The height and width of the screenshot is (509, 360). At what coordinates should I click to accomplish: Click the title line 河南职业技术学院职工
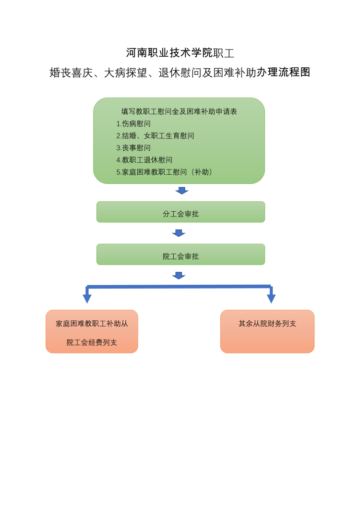pos(180,53)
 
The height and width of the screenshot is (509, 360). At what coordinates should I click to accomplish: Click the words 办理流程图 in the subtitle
pos(284,73)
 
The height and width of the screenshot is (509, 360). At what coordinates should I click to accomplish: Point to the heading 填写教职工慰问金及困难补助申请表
pos(179,111)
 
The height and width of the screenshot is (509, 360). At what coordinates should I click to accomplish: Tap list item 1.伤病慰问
pos(133,124)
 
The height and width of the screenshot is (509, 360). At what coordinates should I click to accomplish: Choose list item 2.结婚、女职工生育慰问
pos(155,136)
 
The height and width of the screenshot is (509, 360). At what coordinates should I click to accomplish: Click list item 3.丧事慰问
pos(133,148)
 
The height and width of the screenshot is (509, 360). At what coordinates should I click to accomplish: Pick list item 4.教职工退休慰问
pos(144,160)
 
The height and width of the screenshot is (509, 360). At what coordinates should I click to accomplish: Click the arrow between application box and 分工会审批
pos(182,191)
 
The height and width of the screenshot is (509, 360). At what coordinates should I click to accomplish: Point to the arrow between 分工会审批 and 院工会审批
pos(179,233)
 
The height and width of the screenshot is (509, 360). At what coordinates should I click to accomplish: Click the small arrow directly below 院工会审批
pos(179,276)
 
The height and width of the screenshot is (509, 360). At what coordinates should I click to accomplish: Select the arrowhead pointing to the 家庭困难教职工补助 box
pos(87,298)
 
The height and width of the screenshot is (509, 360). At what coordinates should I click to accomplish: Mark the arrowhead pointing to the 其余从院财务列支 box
pos(271,298)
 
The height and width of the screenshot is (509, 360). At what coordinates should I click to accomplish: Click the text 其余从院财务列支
pos(267,324)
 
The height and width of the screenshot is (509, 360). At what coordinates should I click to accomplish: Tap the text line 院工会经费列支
pos(92,342)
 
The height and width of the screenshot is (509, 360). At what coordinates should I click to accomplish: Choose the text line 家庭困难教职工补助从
pos(92,324)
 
